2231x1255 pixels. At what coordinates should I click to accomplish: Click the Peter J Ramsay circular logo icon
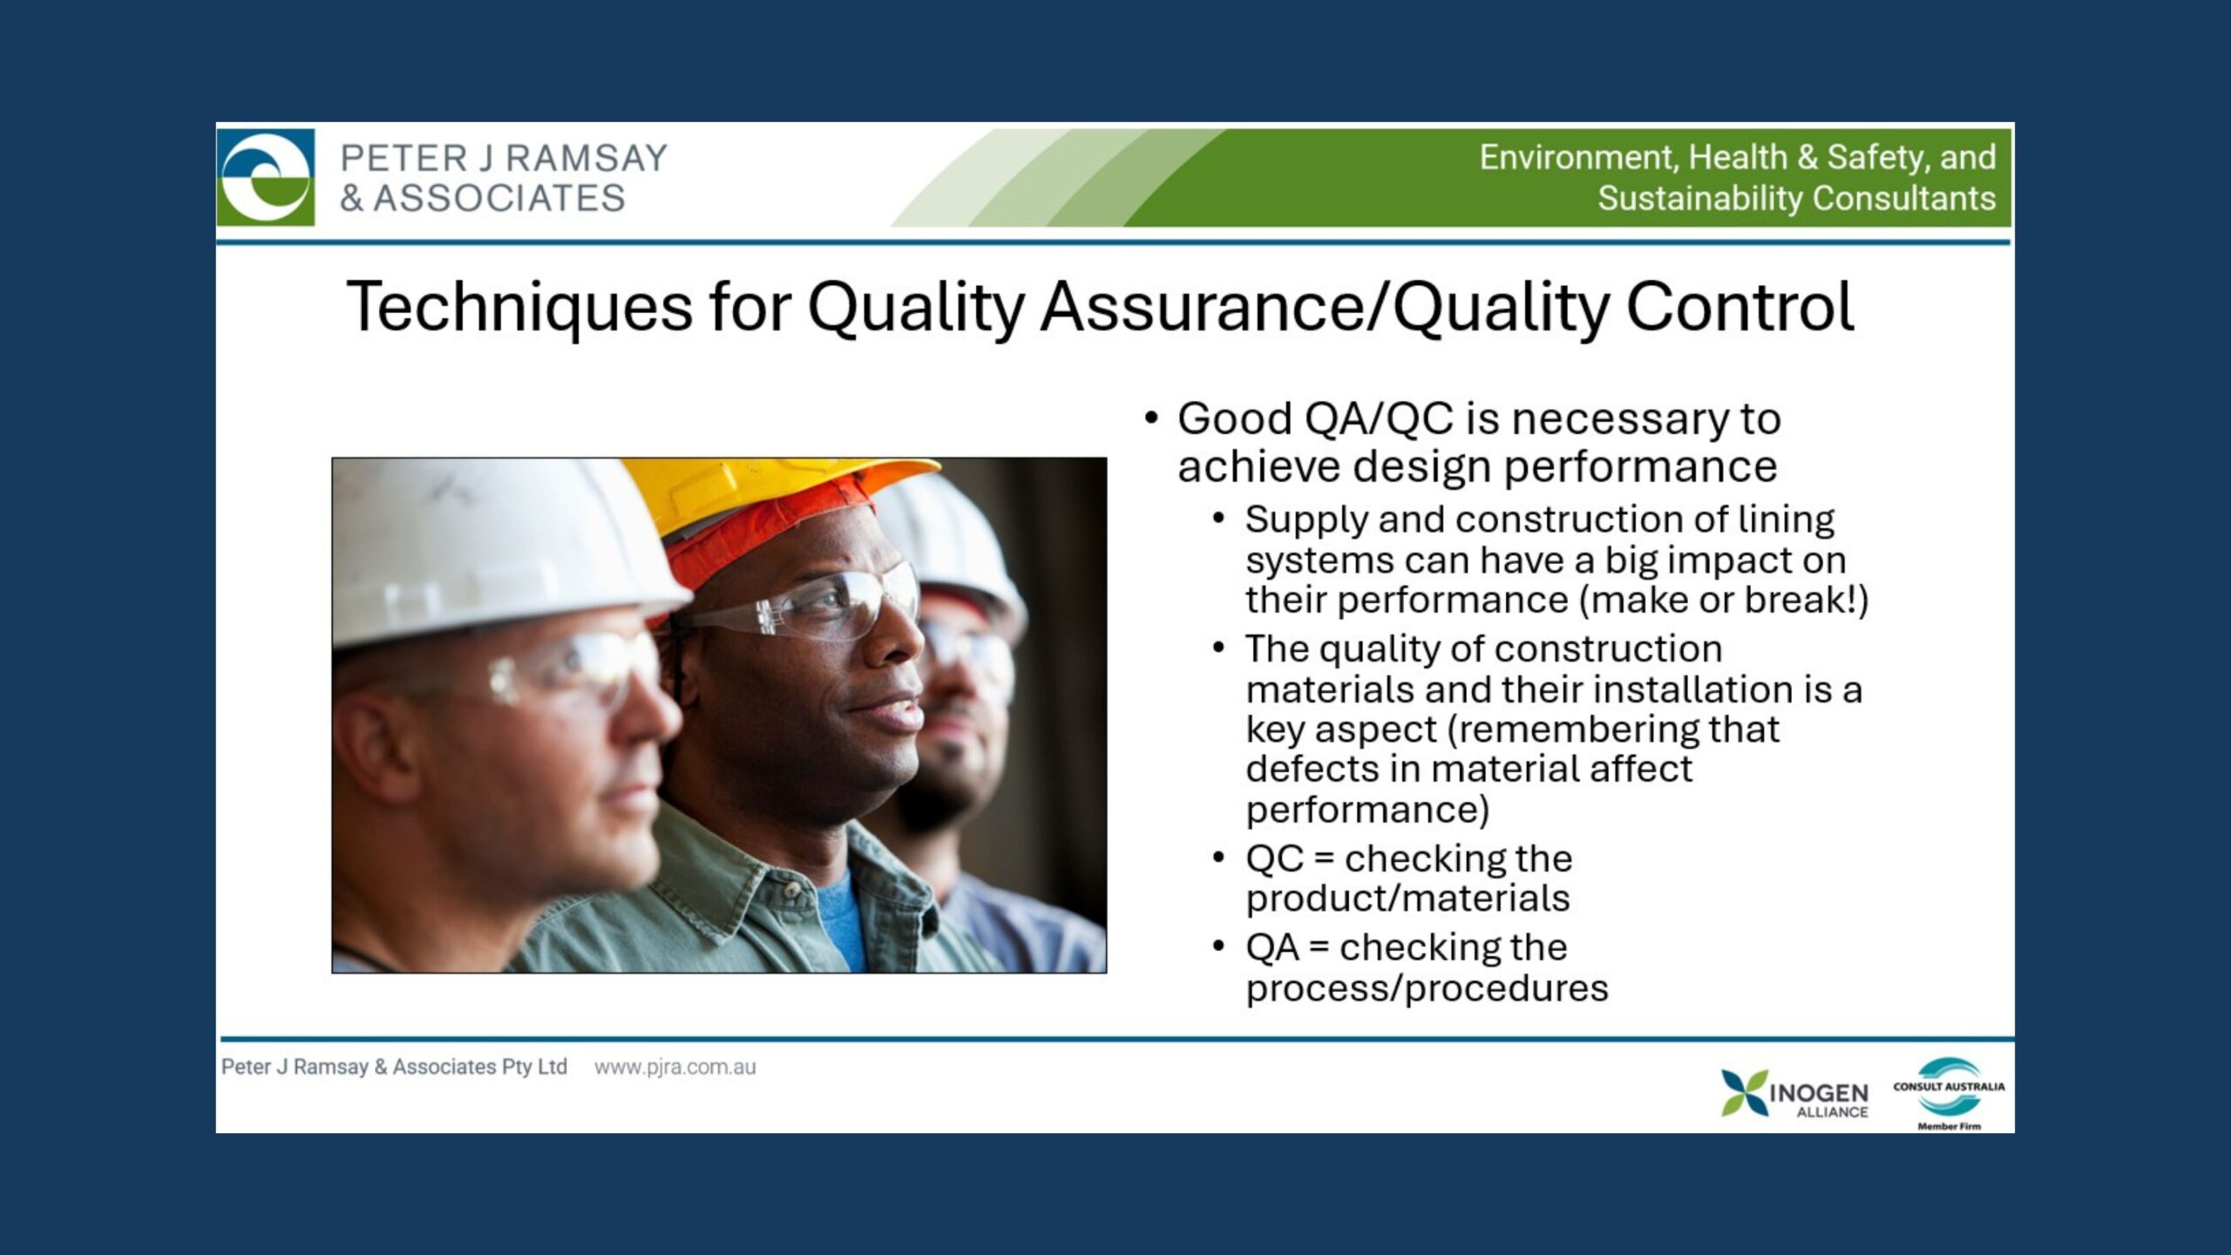pyautogui.click(x=266, y=177)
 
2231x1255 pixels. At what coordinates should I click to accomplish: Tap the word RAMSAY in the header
pyautogui.click(x=587, y=159)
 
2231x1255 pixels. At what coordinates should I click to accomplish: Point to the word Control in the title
pyautogui.click(x=1739, y=307)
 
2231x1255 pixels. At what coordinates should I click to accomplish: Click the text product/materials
pyautogui.click(x=1407, y=899)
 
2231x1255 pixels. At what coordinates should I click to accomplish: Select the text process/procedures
pyautogui.click(x=1427, y=988)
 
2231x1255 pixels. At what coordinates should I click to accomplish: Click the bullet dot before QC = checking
pyautogui.click(x=1218, y=858)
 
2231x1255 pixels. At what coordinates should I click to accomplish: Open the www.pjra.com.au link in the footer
pyautogui.click(x=675, y=1067)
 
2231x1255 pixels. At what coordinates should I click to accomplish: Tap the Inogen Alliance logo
pyautogui.click(x=1794, y=1093)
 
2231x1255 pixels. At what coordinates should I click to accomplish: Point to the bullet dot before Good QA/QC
pyautogui.click(x=1151, y=419)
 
